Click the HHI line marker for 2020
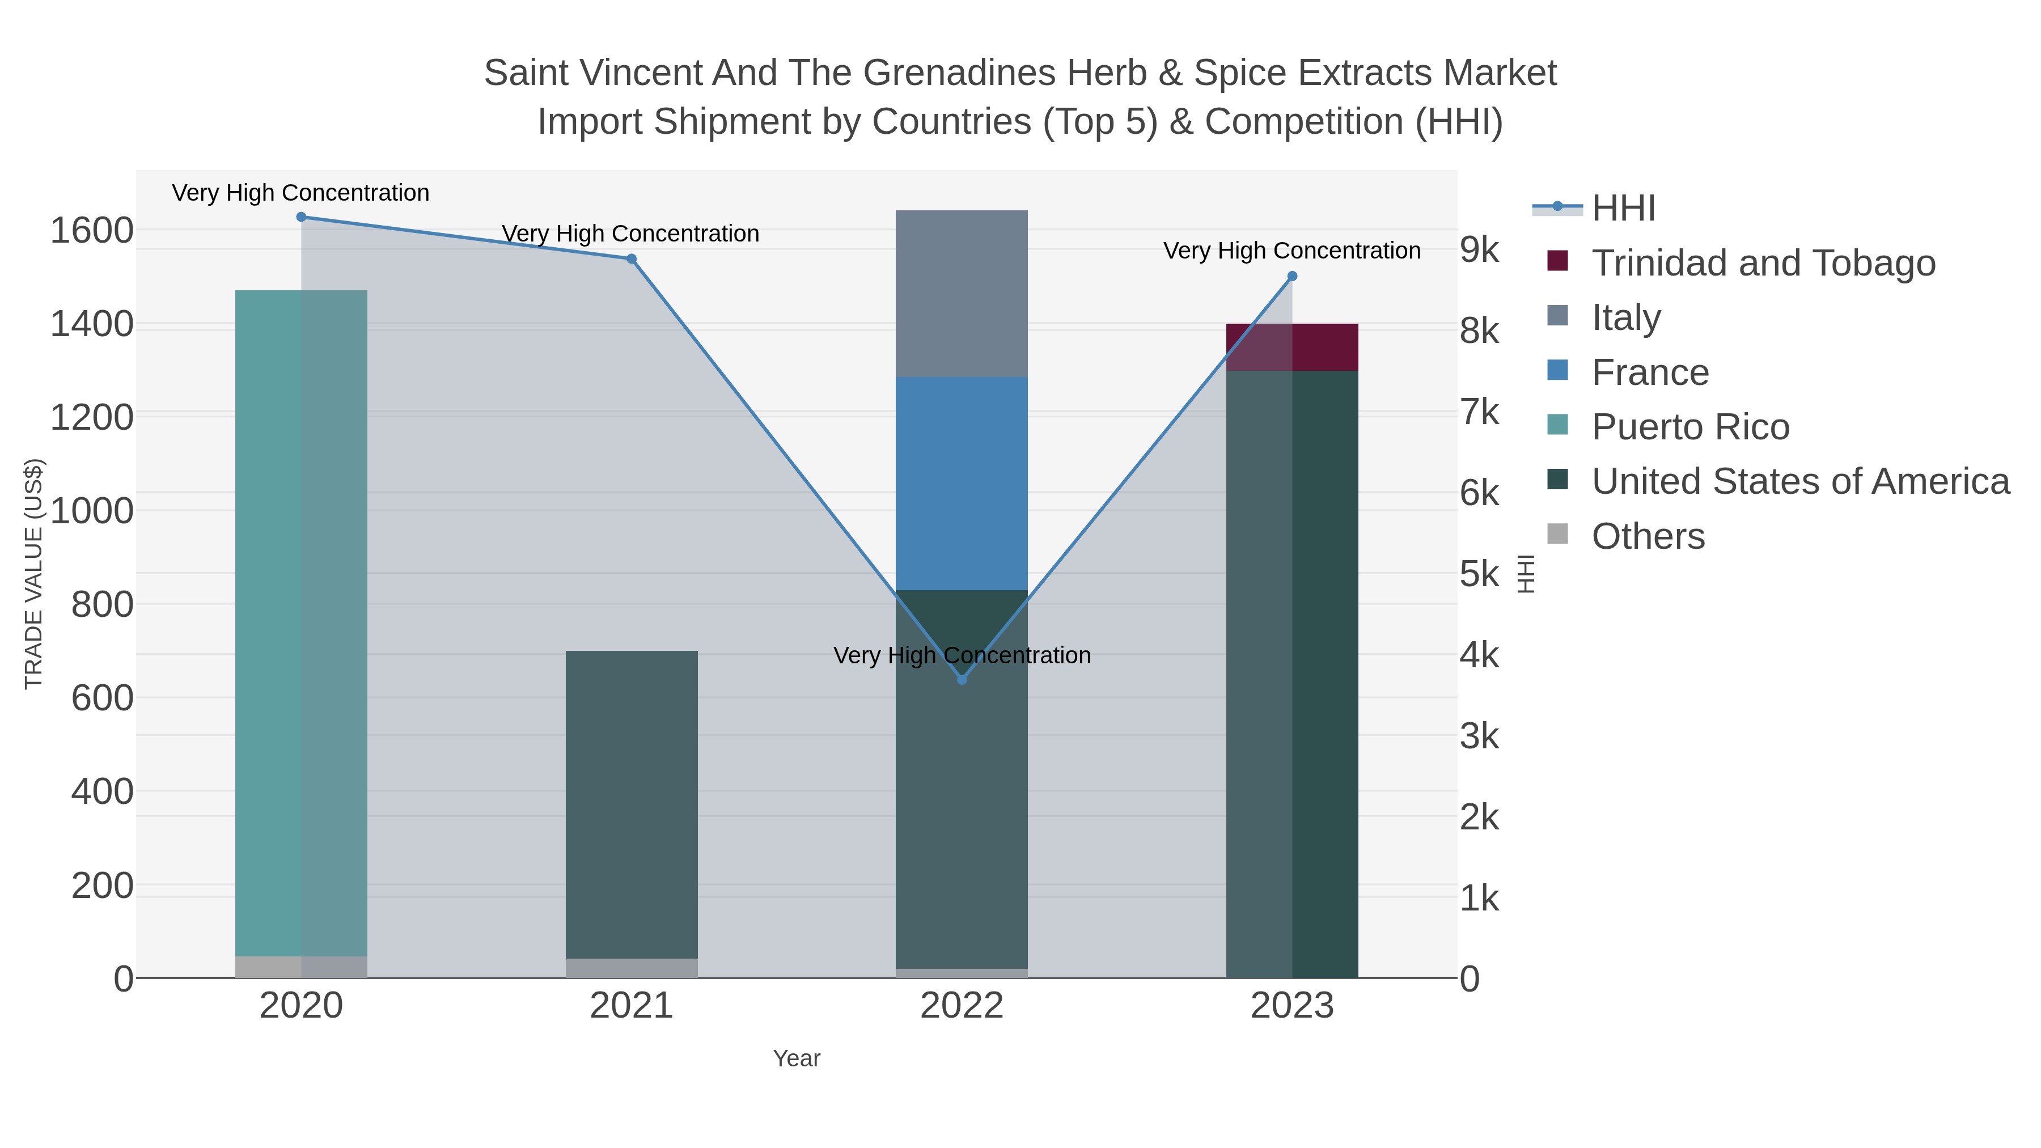click(x=301, y=217)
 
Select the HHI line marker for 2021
click(x=632, y=259)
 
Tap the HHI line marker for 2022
click(x=962, y=680)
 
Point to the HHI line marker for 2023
click(x=1292, y=277)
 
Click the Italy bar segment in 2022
click(x=962, y=294)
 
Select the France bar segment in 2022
click(x=962, y=483)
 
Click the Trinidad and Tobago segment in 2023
click(x=1292, y=347)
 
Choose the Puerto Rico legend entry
click(x=1690, y=427)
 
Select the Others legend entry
click(x=1648, y=536)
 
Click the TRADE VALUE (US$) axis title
click(x=33, y=574)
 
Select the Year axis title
click(x=797, y=1058)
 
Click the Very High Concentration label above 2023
click(x=1291, y=251)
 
